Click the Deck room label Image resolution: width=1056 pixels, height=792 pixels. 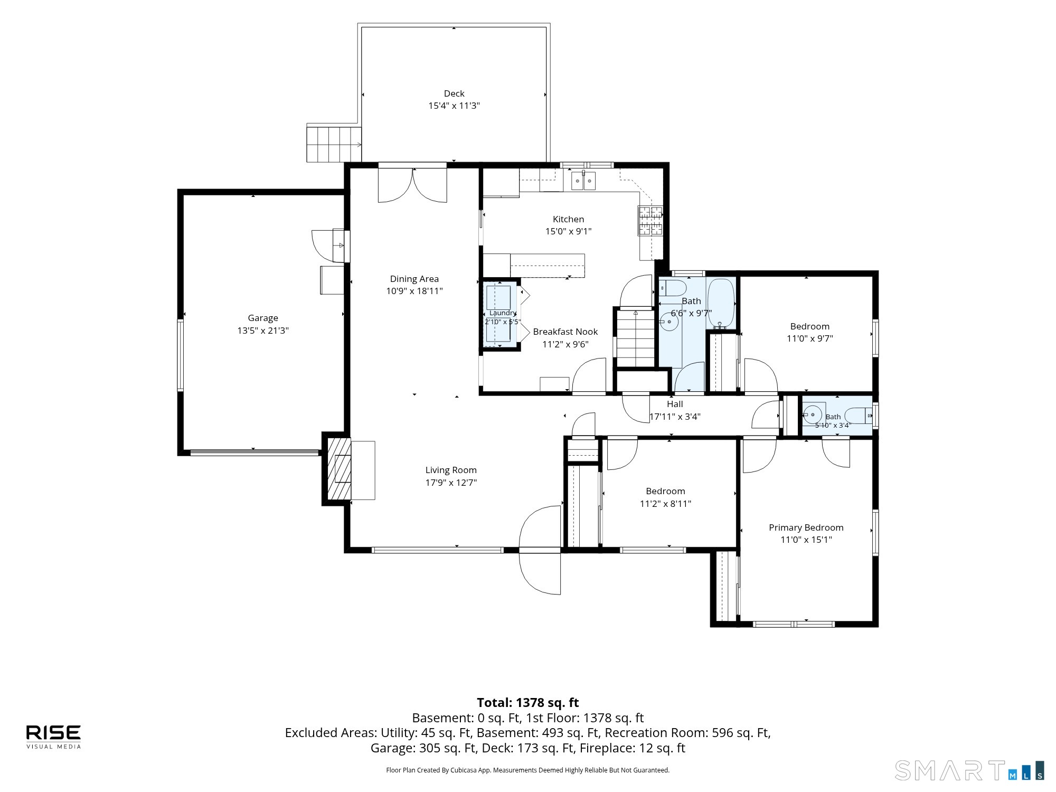click(454, 93)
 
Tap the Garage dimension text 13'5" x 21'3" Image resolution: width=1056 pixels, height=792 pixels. click(263, 331)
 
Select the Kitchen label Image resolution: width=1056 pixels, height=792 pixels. click(568, 219)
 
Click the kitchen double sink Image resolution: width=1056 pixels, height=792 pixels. click(583, 181)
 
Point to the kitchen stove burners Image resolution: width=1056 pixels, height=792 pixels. click(650, 220)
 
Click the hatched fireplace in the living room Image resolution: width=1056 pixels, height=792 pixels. click(339, 468)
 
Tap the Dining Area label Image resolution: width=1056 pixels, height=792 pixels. click(414, 279)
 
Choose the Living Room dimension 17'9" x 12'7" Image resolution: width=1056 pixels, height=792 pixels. click(451, 483)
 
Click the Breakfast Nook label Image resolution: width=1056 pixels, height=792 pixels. click(565, 332)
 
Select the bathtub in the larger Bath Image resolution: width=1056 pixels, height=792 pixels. click(721, 303)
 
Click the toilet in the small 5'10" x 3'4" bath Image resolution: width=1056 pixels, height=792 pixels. click(859, 416)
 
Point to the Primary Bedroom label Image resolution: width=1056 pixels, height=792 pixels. click(806, 527)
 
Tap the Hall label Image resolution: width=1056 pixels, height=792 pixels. click(675, 404)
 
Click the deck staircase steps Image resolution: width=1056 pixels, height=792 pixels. click(334, 144)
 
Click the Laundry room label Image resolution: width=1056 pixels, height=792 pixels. click(502, 313)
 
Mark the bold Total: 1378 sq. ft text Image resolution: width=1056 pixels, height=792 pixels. click(528, 703)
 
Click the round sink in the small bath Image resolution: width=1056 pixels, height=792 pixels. click(813, 415)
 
